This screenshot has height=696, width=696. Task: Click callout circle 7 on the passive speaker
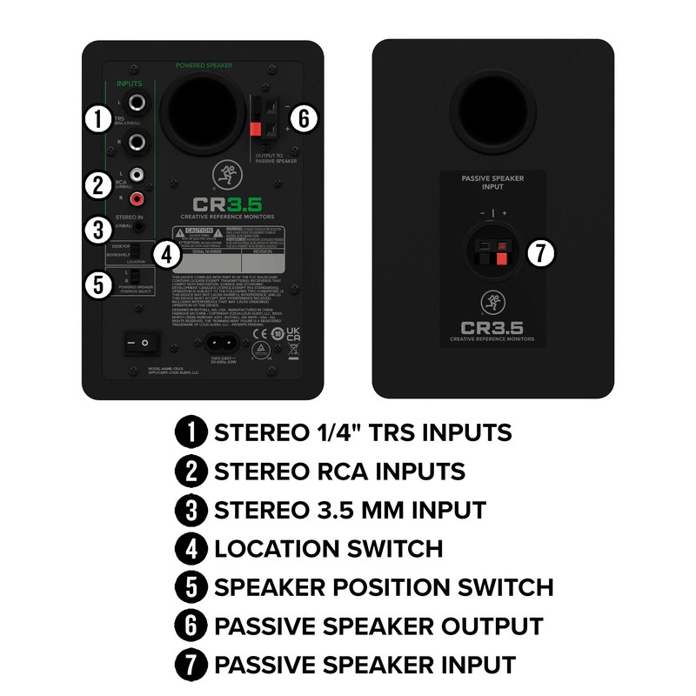[541, 253]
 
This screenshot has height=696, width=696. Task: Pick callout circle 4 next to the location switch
[166, 255]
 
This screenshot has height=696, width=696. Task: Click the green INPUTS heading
[130, 84]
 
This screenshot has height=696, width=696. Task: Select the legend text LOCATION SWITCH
[328, 548]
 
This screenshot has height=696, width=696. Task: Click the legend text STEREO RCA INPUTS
[339, 472]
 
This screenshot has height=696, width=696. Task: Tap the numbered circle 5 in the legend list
[191, 587]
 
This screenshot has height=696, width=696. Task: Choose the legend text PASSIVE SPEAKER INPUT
[365, 665]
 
